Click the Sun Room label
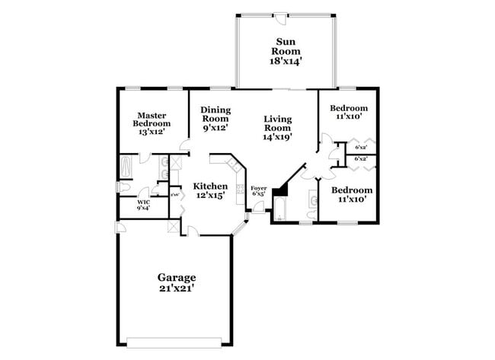coord(286,51)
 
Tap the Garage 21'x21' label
coord(177,283)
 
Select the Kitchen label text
coord(209,191)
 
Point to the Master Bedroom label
coord(153,123)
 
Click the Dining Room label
coord(216,119)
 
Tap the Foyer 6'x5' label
coord(259,190)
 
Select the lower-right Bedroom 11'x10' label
coord(352,194)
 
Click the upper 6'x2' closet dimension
coord(362,147)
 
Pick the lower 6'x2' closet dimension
coord(362,159)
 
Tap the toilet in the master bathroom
coord(123,187)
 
